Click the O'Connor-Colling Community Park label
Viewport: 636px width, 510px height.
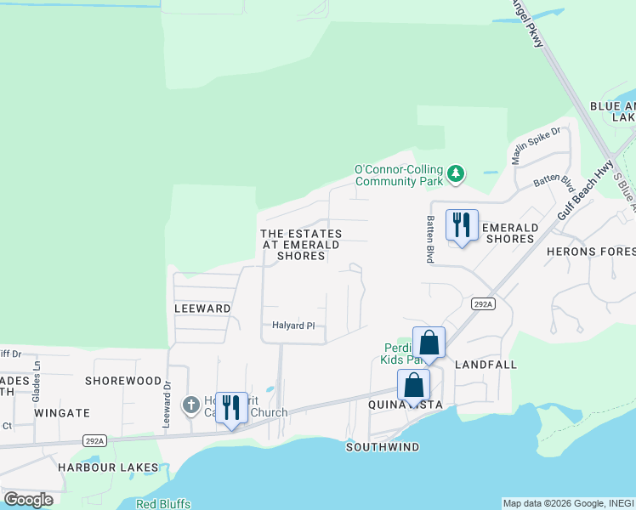coord(399,175)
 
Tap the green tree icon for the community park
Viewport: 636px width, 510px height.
coord(457,174)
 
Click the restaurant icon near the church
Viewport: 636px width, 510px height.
coord(230,408)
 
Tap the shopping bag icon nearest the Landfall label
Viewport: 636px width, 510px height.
coord(429,343)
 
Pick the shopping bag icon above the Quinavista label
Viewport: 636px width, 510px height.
coord(413,386)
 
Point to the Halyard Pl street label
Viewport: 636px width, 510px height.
coord(293,325)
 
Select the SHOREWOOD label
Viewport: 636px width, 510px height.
coord(123,381)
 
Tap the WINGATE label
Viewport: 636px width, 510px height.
coord(62,413)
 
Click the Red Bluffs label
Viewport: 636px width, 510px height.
coord(163,504)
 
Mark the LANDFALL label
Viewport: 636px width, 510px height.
coord(486,364)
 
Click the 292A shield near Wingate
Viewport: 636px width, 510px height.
coord(94,440)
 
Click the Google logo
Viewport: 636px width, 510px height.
coord(28,500)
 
